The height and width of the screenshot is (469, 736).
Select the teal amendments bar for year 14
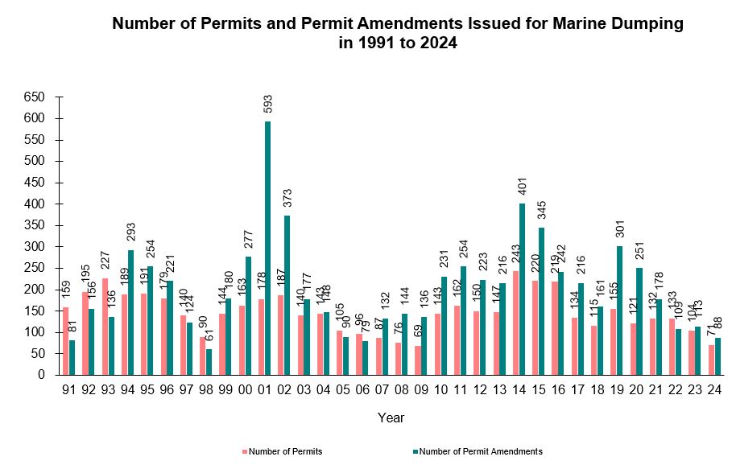tap(522, 289)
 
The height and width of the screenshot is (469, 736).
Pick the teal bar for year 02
tap(287, 295)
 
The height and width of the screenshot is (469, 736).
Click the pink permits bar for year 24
tap(711, 360)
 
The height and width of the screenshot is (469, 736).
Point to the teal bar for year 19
tap(620, 311)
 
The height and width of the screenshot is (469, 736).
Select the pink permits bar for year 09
tap(418, 360)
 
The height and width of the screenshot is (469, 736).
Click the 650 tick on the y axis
tap(35, 97)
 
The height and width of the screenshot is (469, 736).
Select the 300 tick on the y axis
tap(35, 247)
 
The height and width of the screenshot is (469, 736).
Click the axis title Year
tap(391, 418)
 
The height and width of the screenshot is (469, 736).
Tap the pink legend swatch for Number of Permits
tap(245, 451)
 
